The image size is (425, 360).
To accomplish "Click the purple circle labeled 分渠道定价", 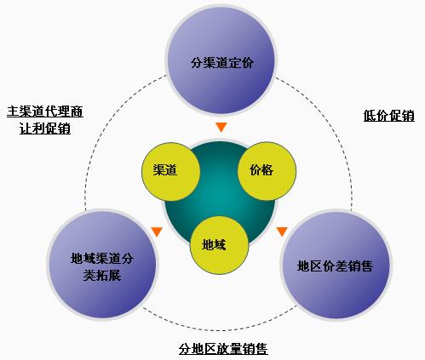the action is (221, 60).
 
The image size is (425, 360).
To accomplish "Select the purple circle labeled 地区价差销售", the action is (336, 266).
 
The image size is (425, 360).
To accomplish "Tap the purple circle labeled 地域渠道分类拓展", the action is (102, 265).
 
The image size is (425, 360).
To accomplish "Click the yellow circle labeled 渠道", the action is (171, 172).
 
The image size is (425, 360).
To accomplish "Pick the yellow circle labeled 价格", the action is (267, 171).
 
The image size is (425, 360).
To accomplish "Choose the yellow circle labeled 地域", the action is (219, 245).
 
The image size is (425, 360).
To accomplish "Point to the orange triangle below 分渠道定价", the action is (221, 127).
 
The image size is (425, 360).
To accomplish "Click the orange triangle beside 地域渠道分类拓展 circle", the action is (157, 231).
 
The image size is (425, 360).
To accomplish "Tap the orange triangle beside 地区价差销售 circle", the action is (282, 231).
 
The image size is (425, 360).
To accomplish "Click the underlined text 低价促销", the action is (389, 116).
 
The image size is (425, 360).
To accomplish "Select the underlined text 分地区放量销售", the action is (223, 349).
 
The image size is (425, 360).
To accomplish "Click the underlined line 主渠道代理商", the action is (45, 111).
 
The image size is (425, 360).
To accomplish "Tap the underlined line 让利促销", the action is (45, 129).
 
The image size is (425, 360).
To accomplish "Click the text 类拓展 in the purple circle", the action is (102, 275).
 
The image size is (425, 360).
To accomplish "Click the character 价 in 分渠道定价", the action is (247, 62).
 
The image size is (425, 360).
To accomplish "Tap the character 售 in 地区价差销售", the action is (366, 266).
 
